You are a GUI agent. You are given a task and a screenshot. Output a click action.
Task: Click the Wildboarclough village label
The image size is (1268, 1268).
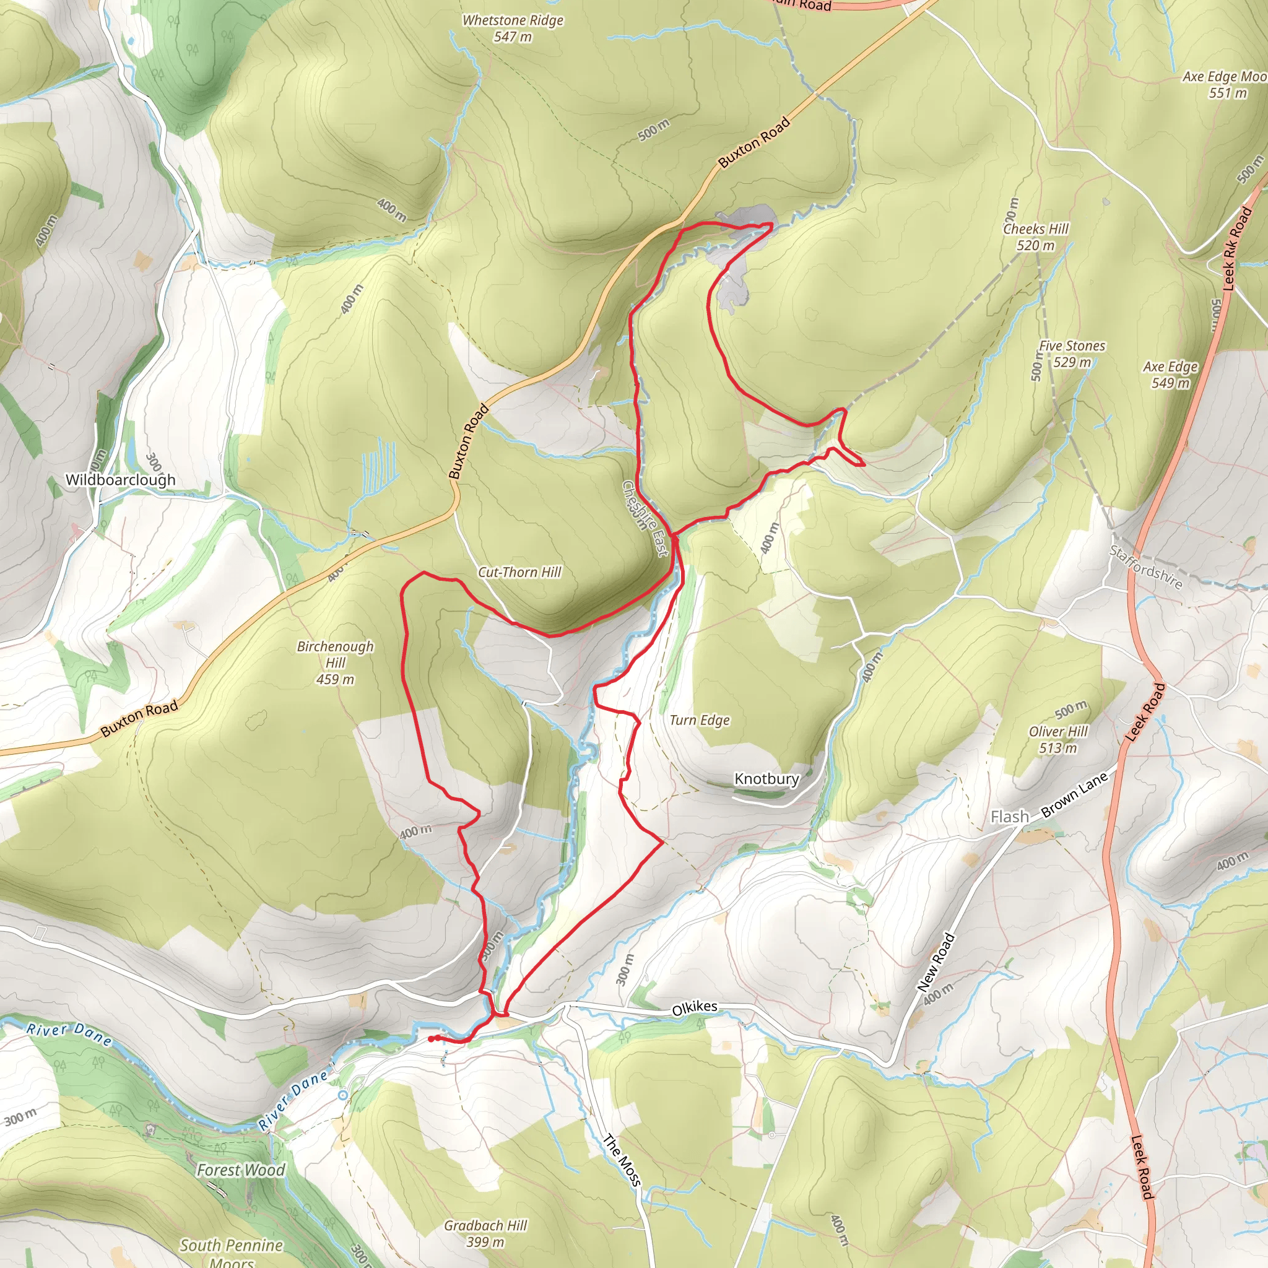click(120, 480)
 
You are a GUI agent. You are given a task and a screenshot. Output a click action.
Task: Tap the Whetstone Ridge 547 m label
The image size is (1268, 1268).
click(513, 28)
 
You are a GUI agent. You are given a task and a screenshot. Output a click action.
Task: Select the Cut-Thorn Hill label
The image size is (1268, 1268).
click(519, 571)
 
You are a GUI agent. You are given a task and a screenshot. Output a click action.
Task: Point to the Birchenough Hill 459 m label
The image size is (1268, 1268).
click(336, 662)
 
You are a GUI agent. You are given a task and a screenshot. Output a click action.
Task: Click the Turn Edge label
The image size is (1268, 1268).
click(700, 720)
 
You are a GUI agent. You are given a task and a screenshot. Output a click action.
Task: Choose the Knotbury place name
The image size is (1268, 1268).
click(766, 778)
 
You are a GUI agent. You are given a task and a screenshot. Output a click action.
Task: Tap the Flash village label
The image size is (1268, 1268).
click(1009, 817)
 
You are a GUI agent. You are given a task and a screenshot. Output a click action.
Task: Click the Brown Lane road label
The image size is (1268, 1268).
click(1074, 796)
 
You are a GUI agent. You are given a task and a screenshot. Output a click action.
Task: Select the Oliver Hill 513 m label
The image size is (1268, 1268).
click(1058, 739)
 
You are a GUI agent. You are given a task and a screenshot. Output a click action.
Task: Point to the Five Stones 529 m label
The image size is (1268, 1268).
click(1072, 354)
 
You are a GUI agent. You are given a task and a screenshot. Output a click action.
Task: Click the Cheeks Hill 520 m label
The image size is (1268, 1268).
click(1036, 237)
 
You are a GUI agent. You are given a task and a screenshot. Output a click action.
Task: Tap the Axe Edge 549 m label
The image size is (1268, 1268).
click(1170, 374)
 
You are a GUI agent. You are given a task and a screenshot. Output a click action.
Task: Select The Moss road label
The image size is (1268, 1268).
click(621, 1160)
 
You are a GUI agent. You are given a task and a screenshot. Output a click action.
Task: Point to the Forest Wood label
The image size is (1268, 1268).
click(241, 1170)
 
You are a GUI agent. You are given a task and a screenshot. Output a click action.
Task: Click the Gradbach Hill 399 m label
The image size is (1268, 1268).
click(485, 1233)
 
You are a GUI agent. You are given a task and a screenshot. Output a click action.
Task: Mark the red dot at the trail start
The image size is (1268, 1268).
click(430, 1038)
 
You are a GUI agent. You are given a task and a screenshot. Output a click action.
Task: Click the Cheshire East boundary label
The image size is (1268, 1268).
click(645, 518)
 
